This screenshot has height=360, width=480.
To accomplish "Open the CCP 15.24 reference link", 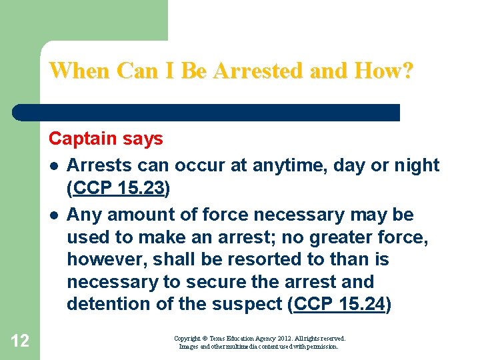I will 340,304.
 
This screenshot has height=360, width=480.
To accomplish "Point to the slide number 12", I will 20,341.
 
